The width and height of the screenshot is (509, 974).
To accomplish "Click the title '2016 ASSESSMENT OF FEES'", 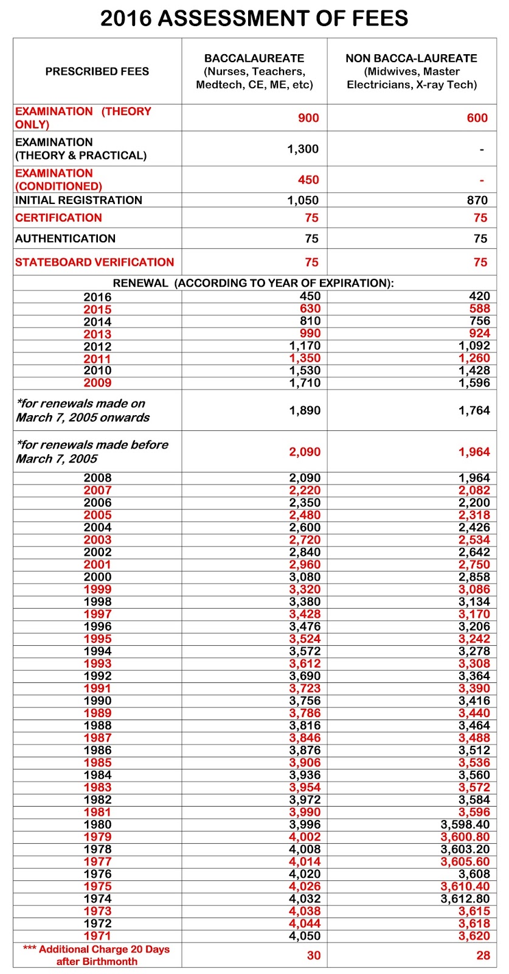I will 254,18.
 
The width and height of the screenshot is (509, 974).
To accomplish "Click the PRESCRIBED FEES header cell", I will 97,71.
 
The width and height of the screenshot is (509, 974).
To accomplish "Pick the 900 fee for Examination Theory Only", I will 308,118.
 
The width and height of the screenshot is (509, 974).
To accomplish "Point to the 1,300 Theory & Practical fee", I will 303,149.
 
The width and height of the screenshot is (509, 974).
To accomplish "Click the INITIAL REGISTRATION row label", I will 78,200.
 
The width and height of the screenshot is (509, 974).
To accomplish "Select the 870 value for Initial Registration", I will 477,200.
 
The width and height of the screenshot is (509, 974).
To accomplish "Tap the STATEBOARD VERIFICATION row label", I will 94,262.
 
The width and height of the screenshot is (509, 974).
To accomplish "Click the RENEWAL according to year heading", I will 254,283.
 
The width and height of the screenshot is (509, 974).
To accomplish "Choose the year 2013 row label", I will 97,334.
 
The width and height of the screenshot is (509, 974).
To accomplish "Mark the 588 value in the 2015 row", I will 479,309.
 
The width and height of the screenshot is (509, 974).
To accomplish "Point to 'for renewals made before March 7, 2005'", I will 91,452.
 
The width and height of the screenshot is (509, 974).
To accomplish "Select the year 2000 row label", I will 97,577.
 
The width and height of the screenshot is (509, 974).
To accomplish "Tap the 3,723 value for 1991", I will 304,688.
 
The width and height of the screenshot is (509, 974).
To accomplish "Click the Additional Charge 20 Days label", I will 97,955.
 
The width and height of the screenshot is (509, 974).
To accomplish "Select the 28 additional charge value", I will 483,955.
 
